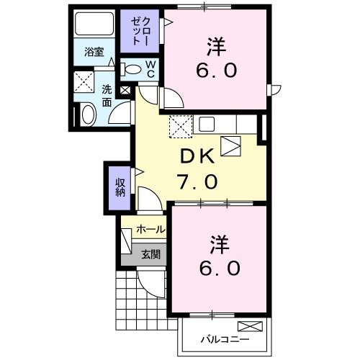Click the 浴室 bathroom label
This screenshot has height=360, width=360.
click(94, 52)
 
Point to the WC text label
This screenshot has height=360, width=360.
click(152, 69)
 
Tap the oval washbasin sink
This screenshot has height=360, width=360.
click(88, 114)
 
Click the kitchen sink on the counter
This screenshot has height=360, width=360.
click(207, 124)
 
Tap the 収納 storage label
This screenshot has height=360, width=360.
click(120, 187)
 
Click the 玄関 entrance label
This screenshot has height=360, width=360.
click(150, 253)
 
